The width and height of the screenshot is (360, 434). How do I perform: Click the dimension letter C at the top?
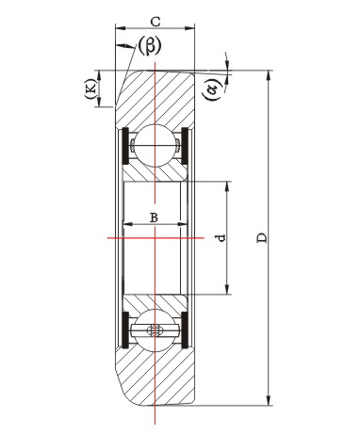point(155,22)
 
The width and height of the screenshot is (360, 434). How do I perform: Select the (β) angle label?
point(150,45)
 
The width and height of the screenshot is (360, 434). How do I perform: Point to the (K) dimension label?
point(90,88)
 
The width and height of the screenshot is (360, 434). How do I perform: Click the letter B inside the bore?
point(154,217)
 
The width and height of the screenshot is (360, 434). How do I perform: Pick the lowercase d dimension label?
point(221,237)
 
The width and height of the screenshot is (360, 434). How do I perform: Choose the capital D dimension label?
point(262,237)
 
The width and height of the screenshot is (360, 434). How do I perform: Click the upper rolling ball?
point(155,146)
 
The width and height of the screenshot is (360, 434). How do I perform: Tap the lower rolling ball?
point(155,330)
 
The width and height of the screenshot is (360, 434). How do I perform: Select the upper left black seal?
point(125,146)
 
